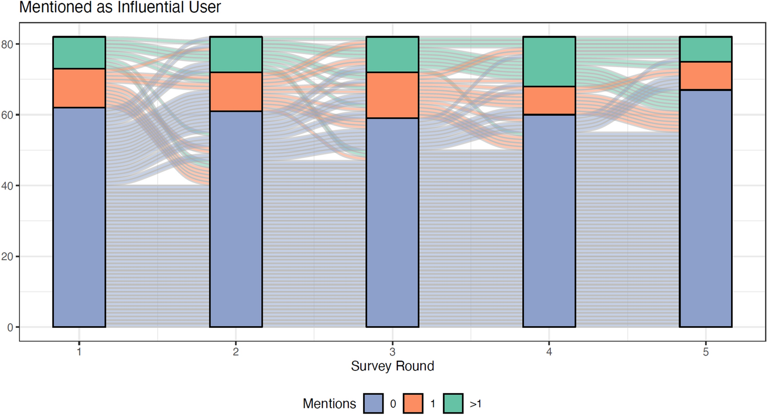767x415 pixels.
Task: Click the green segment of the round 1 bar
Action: pyautogui.click(x=79, y=53)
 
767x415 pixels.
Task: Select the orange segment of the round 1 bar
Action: pyautogui.click(x=79, y=88)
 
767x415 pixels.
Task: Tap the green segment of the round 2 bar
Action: pyautogui.click(x=236, y=55)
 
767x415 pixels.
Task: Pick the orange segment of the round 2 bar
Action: pyautogui.click(x=236, y=92)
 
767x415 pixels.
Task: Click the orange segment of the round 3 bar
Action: pyautogui.click(x=392, y=95)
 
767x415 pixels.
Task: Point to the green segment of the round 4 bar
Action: pyautogui.click(x=549, y=61)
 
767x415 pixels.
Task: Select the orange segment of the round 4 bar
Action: pyautogui.click(x=549, y=100)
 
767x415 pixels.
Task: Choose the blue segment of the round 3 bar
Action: pyautogui.click(x=392, y=223)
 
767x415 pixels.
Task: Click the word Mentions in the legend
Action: pyautogui.click(x=329, y=403)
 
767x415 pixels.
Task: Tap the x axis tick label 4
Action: pyautogui.click(x=549, y=352)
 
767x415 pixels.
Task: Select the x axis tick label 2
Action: pyautogui.click(x=236, y=352)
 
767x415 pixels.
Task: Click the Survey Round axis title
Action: pyautogui.click(x=392, y=366)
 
